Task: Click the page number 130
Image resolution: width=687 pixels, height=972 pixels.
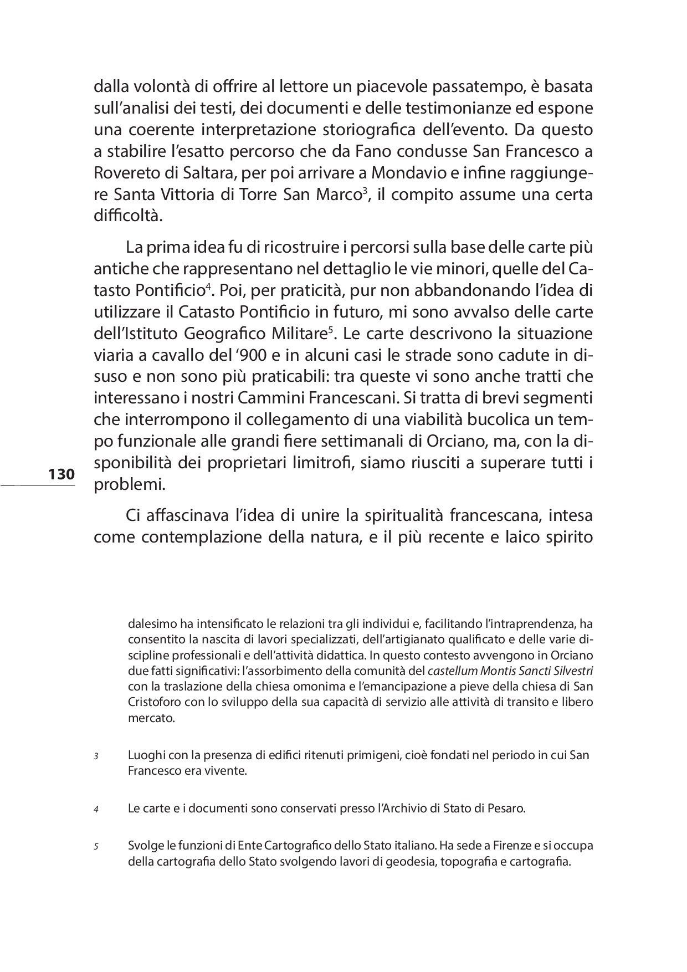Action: pyautogui.click(x=61, y=474)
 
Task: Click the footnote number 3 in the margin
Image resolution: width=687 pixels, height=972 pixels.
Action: pyautogui.click(x=96, y=756)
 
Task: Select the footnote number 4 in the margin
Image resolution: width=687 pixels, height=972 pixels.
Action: pyautogui.click(x=96, y=809)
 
